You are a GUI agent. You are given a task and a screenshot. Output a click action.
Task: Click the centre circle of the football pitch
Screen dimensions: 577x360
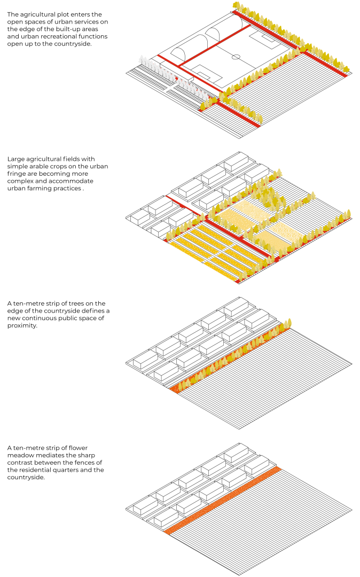[236, 57]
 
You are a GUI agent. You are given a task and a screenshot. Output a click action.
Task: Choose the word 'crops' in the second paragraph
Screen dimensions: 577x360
[66, 166]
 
